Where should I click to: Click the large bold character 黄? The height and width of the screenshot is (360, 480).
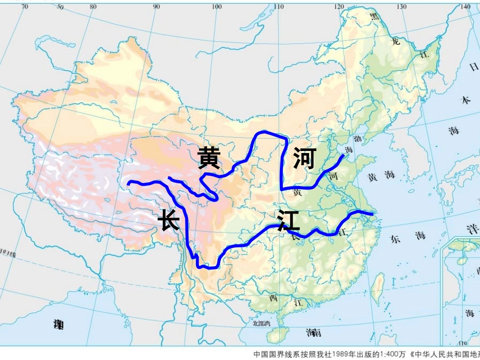[209, 158]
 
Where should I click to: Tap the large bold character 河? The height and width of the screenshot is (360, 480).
[304, 159]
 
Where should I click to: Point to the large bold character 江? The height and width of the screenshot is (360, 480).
[289, 221]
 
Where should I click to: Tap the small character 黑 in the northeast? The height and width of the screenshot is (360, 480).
[374, 17]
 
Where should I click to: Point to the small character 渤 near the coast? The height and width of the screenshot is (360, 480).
[358, 138]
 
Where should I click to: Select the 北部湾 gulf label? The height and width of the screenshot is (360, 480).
[261, 323]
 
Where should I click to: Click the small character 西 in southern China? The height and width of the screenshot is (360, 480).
[273, 298]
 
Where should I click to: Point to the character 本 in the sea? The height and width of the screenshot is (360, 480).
[465, 100]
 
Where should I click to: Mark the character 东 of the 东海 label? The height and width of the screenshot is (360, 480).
[396, 239]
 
